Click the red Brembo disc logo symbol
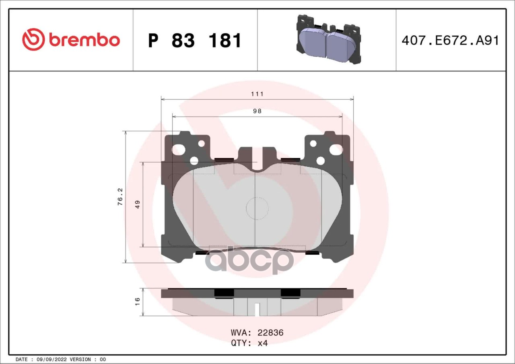[x=33, y=39]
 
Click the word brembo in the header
[x=84, y=40]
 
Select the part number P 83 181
[x=194, y=41]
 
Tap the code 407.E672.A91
[x=450, y=41]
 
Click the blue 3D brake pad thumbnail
[x=329, y=39]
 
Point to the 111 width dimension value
[x=257, y=94]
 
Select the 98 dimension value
[x=257, y=111]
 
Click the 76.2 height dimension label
[x=120, y=197]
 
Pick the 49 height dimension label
[x=138, y=204]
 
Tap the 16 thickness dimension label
[x=138, y=302]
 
